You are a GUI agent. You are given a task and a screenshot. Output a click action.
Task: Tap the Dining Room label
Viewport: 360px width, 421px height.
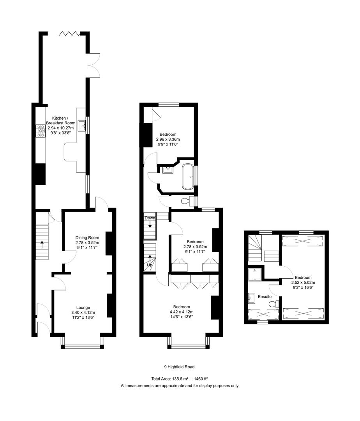(87, 237)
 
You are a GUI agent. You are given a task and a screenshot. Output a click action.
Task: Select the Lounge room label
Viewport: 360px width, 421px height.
(83, 307)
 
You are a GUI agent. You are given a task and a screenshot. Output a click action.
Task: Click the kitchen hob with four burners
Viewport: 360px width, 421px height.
(41, 131)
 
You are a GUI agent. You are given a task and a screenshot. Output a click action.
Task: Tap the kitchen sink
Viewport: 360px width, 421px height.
(82, 126)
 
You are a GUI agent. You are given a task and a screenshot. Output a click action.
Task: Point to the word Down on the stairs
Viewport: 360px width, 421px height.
(150, 218)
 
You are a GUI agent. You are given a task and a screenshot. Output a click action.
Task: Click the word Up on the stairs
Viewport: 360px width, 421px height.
(150, 265)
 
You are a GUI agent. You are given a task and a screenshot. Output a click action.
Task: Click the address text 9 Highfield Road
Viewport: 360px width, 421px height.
(179, 367)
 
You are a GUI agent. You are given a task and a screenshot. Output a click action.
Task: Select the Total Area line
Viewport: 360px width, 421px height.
(179, 379)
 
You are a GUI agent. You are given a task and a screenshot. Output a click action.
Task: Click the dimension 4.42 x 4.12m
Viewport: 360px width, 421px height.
(182, 311)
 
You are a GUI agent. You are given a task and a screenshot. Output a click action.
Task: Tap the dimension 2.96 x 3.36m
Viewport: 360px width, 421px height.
(168, 139)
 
